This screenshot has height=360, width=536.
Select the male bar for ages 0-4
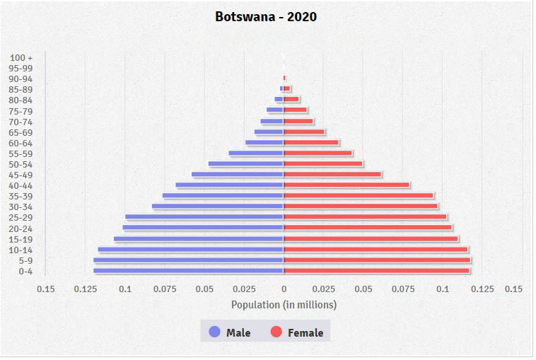[x=188, y=271]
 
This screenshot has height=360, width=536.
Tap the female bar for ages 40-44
[x=346, y=185]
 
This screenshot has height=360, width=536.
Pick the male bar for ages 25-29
[x=204, y=217]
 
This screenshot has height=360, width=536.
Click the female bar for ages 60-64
[x=311, y=142]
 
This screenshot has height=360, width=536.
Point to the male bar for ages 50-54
[x=246, y=164]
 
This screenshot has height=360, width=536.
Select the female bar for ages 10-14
[x=375, y=250]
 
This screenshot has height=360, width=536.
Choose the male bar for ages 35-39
[x=223, y=196]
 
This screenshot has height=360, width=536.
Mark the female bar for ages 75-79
[x=296, y=110]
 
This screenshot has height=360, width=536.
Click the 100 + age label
[x=22, y=57]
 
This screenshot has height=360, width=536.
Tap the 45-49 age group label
[x=22, y=175]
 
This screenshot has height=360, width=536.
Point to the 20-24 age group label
[x=22, y=228]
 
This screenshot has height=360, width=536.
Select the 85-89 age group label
[x=22, y=89]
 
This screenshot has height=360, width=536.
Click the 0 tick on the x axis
[x=284, y=289]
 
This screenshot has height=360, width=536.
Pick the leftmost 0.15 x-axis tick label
[x=46, y=289]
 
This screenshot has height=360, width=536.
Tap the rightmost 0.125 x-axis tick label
[x=482, y=289]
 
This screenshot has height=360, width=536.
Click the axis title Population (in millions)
[x=284, y=305]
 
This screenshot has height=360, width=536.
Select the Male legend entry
[x=230, y=332]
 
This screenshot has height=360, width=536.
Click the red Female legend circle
[x=276, y=332]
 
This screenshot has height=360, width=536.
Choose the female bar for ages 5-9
[x=377, y=260]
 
